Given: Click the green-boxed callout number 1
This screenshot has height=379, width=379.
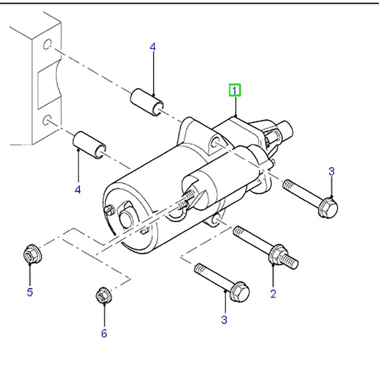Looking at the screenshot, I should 235,90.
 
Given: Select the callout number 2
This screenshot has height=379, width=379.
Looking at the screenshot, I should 273,294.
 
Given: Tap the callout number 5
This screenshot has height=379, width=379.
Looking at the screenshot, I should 30,292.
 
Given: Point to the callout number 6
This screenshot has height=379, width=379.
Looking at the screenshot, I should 104,333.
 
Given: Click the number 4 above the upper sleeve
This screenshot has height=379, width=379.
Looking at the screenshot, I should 153,47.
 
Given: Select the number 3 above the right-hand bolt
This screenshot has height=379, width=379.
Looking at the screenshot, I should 332,171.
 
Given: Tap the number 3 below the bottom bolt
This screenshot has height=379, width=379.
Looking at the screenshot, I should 224,320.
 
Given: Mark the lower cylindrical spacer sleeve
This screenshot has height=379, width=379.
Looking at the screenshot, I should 89,144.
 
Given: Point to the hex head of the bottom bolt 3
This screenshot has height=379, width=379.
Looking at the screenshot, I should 239,291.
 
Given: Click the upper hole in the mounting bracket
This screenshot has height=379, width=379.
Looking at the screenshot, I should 46,45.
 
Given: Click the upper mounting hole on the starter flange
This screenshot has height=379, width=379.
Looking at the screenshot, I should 215,143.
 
